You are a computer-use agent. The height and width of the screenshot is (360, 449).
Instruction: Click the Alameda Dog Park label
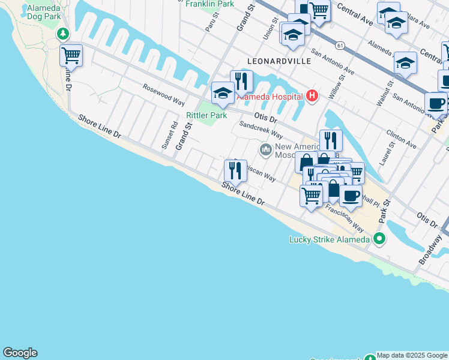pos(44,12)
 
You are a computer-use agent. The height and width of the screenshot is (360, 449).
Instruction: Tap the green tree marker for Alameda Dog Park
pos(62,34)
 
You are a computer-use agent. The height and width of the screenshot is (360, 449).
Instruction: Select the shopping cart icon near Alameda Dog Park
pos(71,56)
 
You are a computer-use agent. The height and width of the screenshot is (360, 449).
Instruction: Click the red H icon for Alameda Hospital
pos(312,95)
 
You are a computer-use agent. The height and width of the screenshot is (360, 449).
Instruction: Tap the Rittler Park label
pos(206,115)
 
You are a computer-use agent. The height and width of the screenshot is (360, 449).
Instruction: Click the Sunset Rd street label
pos(174,136)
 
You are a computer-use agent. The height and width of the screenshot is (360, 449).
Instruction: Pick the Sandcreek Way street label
pos(261,130)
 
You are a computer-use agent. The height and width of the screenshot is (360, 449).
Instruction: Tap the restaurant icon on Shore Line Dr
pos(235,172)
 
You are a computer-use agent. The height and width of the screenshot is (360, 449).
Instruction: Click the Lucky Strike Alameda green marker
pos(379,239)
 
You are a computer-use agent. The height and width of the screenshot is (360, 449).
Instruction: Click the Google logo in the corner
pos(20,353)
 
